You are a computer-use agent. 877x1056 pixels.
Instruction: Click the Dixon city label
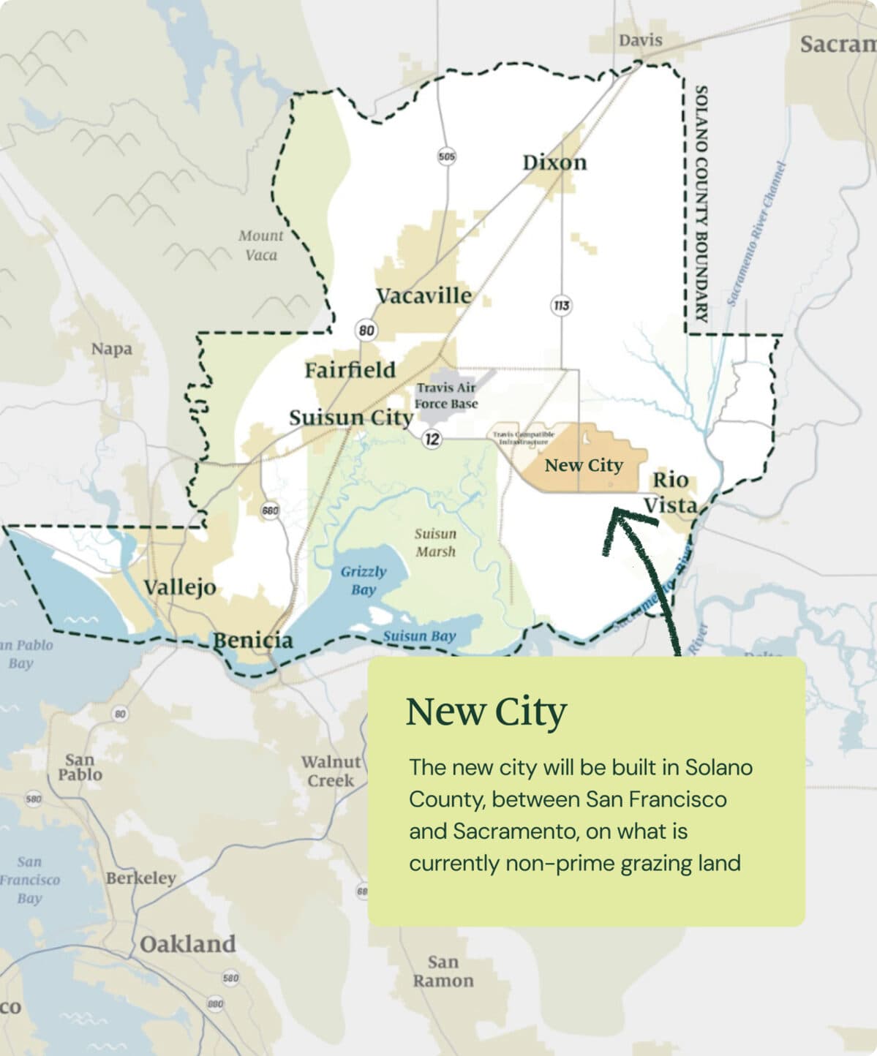(554, 162)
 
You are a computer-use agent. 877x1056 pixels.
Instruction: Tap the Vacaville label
(424, 295)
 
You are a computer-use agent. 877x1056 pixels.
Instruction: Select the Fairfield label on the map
(350, 370)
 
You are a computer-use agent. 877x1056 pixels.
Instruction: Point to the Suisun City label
(351, 418)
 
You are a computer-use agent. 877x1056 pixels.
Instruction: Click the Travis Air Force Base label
(445, 396)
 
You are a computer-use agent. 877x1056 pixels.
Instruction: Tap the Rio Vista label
(670, 492)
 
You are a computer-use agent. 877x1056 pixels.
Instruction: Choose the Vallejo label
(180, 587)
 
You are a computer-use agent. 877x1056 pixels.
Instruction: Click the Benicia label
(252, 641)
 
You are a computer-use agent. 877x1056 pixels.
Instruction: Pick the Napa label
(112, 349)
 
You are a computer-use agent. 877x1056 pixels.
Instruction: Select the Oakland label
(188, 944)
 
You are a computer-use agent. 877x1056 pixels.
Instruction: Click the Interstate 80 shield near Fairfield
(366, 331)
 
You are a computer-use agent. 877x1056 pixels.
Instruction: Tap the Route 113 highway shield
(561, 305)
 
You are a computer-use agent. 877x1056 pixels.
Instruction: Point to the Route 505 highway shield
(446, 156)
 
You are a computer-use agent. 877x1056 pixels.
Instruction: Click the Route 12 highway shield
(433, 439)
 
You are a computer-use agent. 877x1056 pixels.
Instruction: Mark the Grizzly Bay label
(363, 581)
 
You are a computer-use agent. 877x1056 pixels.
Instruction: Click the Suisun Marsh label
(435, 543)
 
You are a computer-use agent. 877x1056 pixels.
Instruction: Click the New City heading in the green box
(486, 712)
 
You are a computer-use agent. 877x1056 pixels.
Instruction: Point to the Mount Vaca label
(260, 245)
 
